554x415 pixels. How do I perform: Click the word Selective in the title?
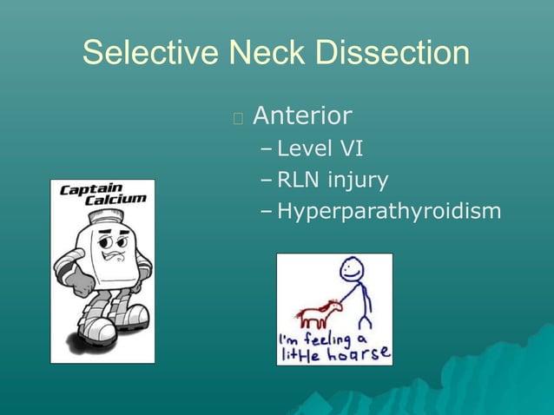[150, 54]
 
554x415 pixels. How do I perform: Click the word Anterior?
[302, 115]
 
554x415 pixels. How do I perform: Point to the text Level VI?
[320, 149]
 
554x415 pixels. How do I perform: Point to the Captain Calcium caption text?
[102, 194]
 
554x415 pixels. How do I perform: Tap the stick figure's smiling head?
[351, 268]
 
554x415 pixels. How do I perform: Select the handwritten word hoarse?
[357, 354]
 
